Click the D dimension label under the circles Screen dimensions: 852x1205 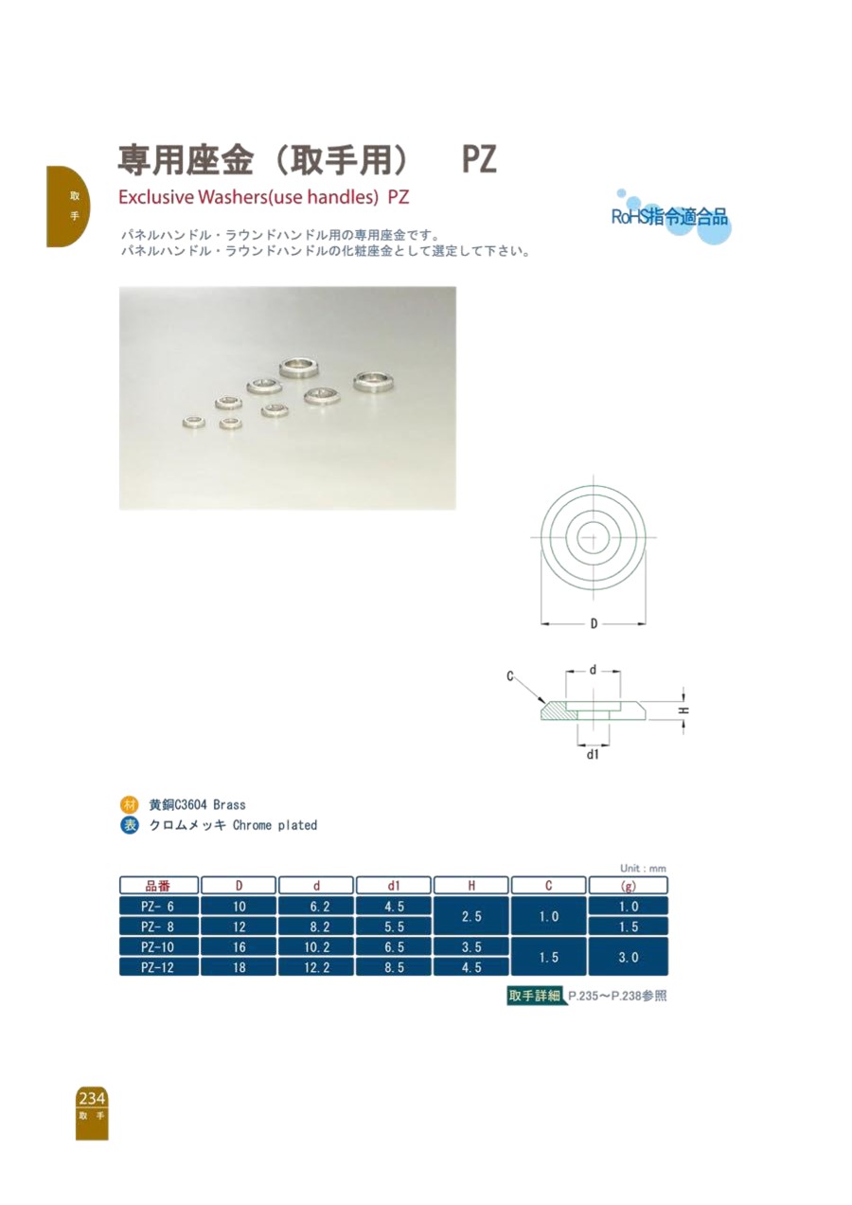point(594,624)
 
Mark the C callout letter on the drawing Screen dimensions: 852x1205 point(509,676)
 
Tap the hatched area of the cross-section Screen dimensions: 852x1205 point(559,711)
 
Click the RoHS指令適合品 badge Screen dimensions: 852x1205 point(670,217)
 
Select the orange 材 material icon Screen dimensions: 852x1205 point(129,805)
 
